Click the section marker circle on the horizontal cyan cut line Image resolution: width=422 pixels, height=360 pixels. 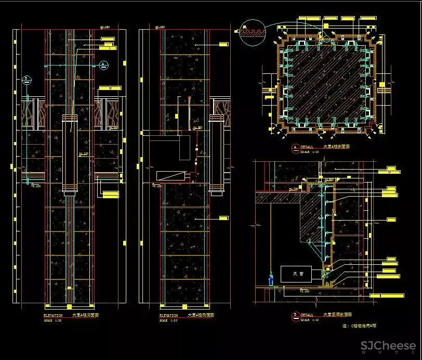[x=104, y=65]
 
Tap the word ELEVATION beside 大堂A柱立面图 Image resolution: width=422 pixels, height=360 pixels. [x=52, y=315]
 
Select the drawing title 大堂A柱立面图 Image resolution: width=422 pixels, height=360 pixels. [x=85, y=315]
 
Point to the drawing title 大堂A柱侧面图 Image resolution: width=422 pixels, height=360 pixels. [x=201, y=315]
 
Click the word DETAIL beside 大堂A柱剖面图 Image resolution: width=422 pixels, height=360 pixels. [x=307, y=147]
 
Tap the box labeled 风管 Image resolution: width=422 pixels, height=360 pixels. [x=295, y=274]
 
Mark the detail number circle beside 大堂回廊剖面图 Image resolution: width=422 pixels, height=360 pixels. [x=296, y=315]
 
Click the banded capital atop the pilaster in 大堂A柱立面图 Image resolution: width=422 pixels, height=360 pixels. [x=70, y=118]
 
